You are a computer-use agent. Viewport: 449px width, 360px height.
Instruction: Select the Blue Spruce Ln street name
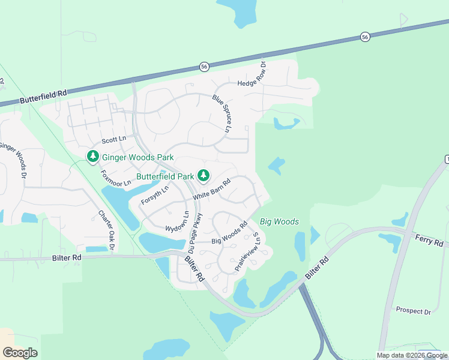[222, 113]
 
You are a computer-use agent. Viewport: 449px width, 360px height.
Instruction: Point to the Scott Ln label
[114, 140]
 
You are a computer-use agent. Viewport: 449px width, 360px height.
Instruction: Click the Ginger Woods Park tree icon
[93, 157]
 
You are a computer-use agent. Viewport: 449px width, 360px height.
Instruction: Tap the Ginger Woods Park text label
[137, 158]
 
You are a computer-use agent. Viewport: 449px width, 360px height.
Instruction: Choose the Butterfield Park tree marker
[204, 176]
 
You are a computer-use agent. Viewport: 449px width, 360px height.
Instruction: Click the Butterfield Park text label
[165, 176]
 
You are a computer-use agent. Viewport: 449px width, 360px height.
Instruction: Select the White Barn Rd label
[212, 191]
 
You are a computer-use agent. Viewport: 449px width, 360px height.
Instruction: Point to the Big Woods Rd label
[229, 234]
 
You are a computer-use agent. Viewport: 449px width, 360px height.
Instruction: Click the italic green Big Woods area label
[279, 222]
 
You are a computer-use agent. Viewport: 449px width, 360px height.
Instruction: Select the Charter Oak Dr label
[107, 230]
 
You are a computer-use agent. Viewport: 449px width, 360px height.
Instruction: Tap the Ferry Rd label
[429, 240]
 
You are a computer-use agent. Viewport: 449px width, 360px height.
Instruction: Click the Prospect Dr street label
[414, 311]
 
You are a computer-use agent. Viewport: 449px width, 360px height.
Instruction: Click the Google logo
[20, 352]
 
